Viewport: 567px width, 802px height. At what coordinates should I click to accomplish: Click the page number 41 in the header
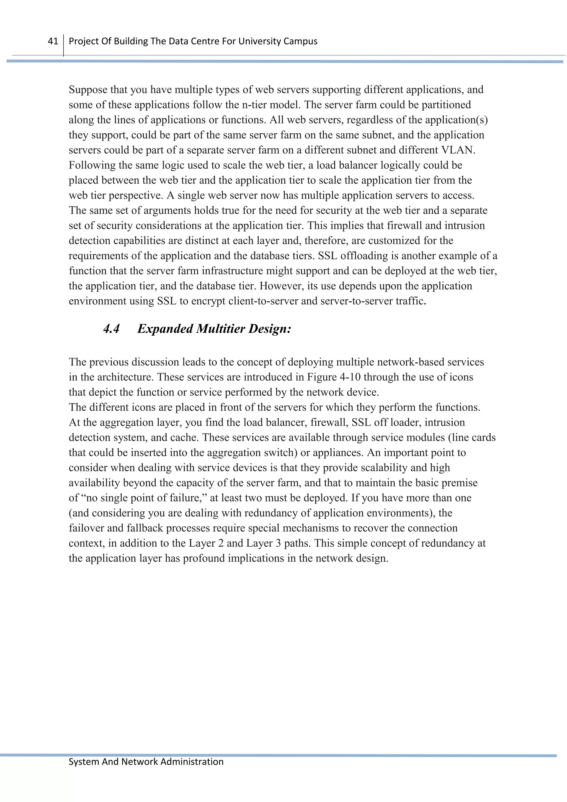point(53,41)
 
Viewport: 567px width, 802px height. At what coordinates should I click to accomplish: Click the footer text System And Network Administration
point(146,762)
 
